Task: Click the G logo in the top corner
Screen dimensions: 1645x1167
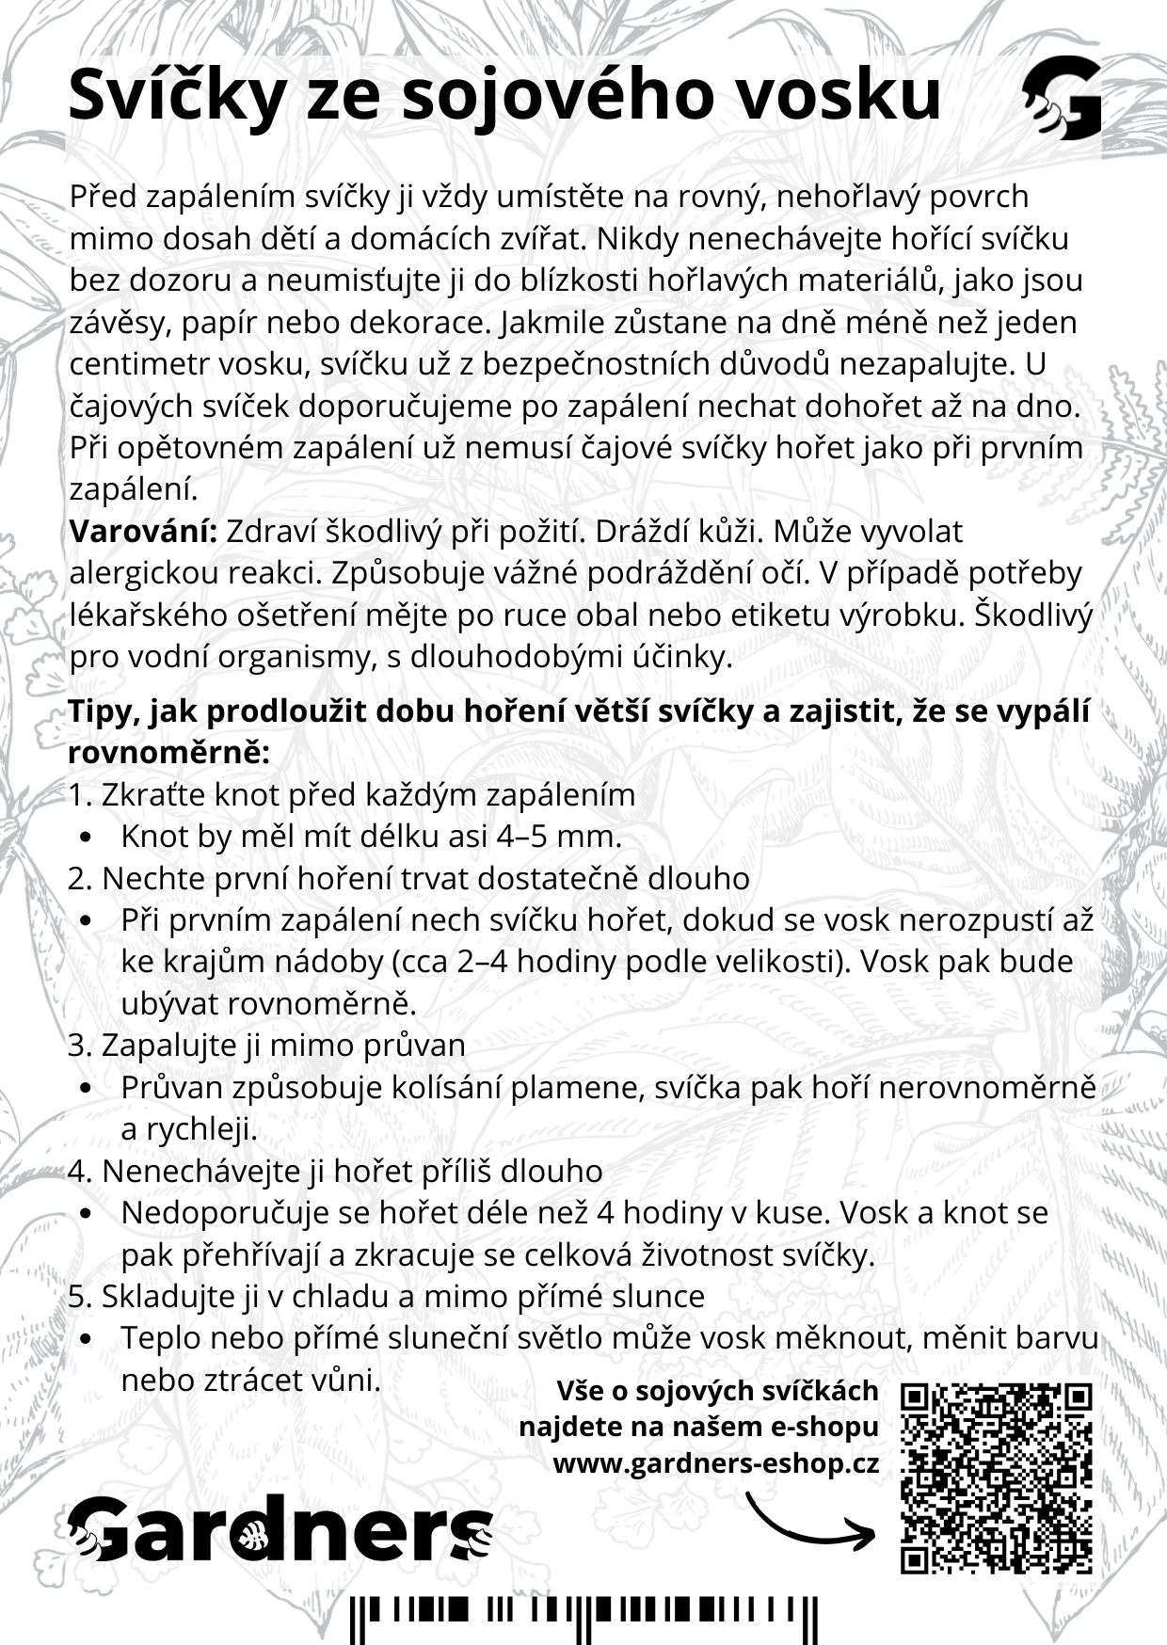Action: (x=1062, y=97)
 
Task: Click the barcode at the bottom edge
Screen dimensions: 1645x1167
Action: (x=583, y=1617)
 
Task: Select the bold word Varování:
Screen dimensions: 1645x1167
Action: (x=143, y=532)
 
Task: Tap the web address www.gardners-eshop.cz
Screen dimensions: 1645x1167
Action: (x=715, y=1464)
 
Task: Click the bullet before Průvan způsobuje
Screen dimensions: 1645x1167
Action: (x=88, y=1088)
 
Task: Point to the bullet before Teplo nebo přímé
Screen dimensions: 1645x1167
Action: (x=88, y=1338)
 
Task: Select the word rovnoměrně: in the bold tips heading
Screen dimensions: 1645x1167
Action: (x=169, y=753)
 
